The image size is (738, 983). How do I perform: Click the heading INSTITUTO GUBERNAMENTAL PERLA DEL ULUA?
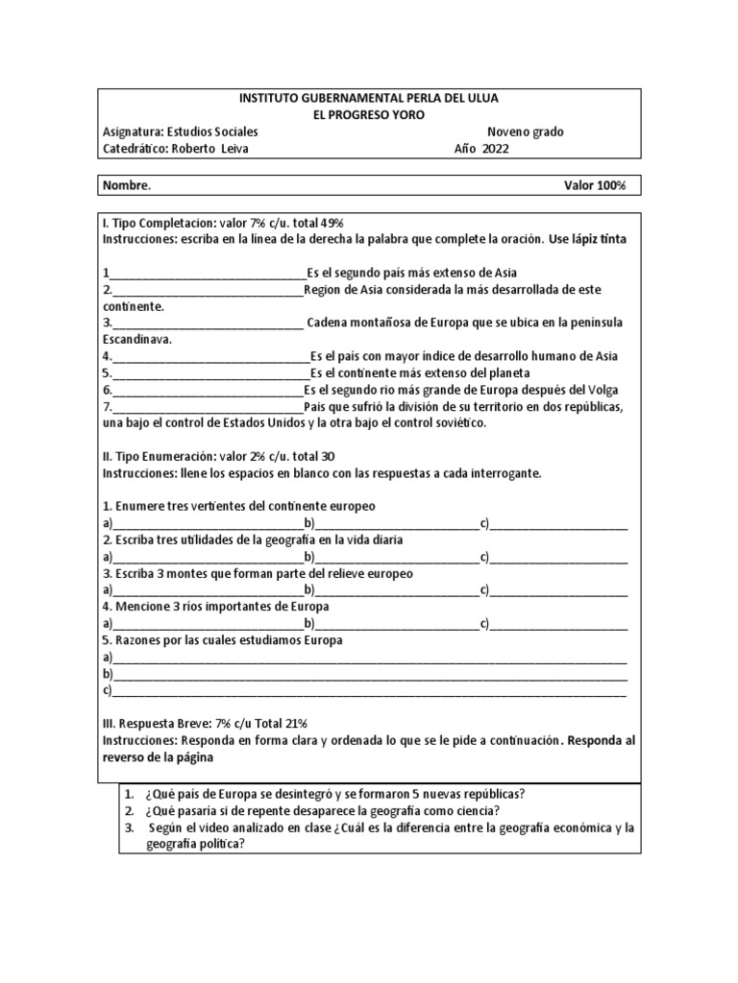tap(368, 98)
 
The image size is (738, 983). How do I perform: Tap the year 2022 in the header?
tap(497, 149)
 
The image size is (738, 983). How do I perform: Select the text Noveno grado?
tap(526, 132)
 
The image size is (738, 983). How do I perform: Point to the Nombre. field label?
tap(126, 185)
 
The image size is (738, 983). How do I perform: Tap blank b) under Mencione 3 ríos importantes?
tap(394, 625)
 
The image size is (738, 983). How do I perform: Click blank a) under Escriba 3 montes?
tap(207, 591)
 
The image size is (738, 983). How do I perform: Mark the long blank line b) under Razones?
tap(370, 676)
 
